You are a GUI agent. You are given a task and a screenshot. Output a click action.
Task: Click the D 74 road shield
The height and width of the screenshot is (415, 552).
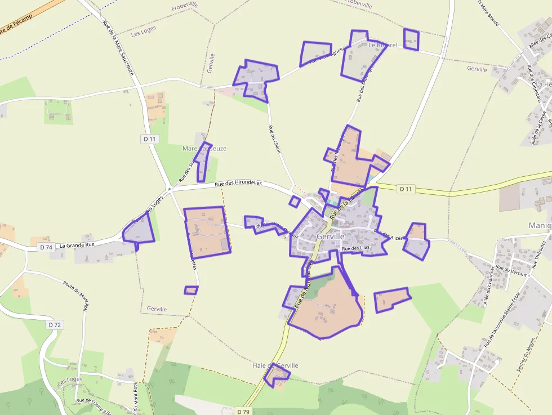coord(46,247)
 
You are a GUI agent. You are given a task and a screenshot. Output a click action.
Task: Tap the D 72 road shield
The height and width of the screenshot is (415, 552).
coord(54,325)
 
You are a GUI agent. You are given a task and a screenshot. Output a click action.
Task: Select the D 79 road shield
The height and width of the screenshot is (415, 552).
coord(243,412)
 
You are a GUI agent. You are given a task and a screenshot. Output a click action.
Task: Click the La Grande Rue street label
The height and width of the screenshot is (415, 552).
coord(77,245)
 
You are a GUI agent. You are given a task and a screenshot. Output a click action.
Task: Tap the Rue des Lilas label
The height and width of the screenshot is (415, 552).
coord(355,248)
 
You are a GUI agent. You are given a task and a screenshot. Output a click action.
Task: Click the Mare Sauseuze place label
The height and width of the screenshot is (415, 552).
coord(204,149)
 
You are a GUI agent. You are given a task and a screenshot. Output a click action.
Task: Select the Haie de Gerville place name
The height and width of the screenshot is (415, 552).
coord(275,365)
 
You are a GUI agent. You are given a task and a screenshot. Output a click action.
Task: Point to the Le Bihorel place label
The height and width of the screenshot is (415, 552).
coord(383,45)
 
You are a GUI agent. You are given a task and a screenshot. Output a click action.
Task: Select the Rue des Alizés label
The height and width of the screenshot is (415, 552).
coord(390,235)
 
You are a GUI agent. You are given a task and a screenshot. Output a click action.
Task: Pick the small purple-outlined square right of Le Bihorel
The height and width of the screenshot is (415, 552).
coord(412,39)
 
